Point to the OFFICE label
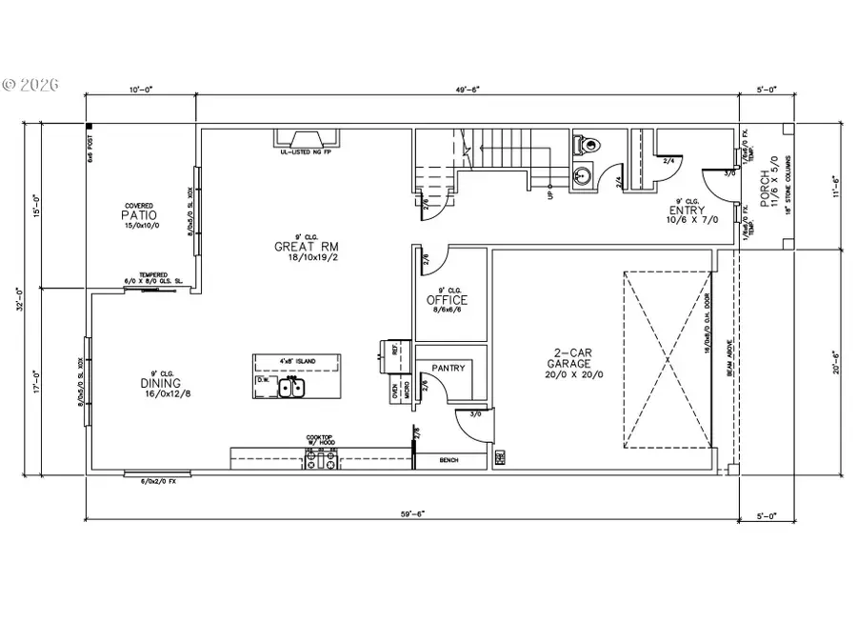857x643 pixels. click(x=447, y=300)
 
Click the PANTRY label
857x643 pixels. click(x=448, y=367)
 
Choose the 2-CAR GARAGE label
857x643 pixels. click(x=568, y=364)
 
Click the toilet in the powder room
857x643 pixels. click(x=588, y=145)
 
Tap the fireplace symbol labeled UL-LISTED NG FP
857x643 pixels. click(x=309, y=139)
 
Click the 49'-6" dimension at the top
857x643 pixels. click(x=467, y=89)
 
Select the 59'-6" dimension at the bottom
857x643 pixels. click(x=411, y=514)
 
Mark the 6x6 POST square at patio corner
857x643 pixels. click(x=90, y=127)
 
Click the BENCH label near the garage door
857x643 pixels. click(x=449, y=460)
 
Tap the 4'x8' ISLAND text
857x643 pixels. click(x=297, y=361)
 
